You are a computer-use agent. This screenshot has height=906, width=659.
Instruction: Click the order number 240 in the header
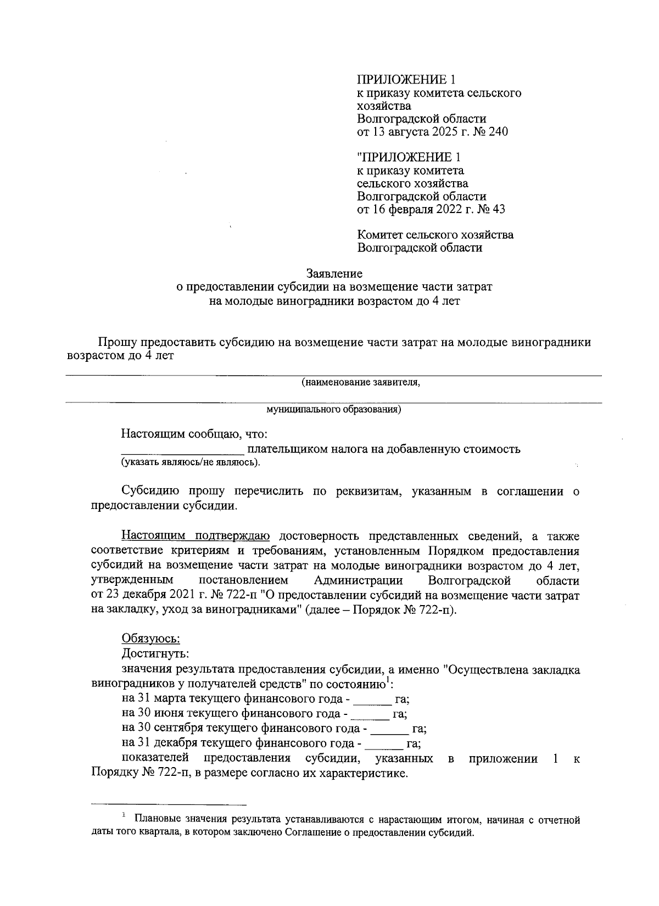(x=498, y=132)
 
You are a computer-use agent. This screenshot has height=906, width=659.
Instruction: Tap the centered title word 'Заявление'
(x=334, y=273)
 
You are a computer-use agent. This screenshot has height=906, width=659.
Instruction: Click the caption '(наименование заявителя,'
(x=361, y=382)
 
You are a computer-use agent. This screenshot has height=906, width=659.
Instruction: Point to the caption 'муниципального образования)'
(x=333, y=410)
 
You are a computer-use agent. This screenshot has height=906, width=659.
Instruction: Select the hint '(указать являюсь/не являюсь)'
(x=191, y=463)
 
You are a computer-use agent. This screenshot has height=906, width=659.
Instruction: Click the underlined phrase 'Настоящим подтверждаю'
(x=195, y=535)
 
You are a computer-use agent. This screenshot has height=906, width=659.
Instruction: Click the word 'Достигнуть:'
(x=155, y=654)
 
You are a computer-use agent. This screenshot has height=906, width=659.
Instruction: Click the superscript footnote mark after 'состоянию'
(x=388, y=681)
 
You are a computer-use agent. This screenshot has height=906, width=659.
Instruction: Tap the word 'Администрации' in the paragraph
(x=359, y=581)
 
